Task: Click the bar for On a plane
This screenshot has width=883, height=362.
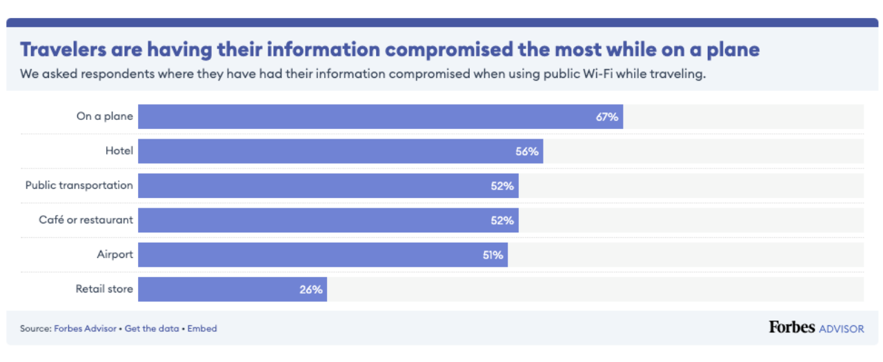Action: pos(379,117)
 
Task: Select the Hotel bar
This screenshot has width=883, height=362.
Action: pos(340,151)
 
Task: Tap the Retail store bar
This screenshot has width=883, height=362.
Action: pos(232,290)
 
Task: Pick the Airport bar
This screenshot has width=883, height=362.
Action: pos(323,254)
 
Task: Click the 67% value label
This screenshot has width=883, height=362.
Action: pos(607,117)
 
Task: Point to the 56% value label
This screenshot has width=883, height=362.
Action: pos(527,151)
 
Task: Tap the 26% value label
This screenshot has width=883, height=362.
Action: pos(311,290)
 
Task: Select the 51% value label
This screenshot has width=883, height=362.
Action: pos(492,254)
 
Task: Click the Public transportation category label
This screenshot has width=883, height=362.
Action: pos(79,185)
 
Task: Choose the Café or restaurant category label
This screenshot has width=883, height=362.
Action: pos(86,220)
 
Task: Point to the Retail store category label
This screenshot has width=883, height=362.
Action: pos(104,289)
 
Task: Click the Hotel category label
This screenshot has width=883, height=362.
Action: pos(119,151)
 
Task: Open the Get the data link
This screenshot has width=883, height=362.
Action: pos(152,329)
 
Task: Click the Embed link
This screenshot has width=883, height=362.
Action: pos(202,329)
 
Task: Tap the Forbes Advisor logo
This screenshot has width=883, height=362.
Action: pos(816,328)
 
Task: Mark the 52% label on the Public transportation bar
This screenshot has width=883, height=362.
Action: pos(502,185)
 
